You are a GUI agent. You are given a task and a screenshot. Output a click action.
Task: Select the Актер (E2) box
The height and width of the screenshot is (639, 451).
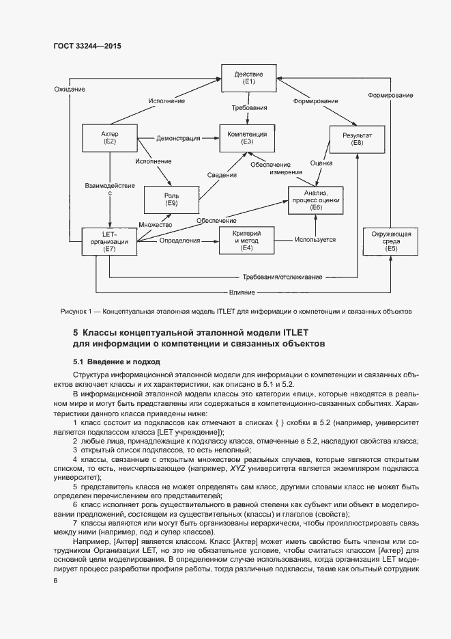click(x=109, y=137)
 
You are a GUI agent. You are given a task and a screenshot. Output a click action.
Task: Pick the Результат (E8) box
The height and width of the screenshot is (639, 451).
click(x=357, y=139)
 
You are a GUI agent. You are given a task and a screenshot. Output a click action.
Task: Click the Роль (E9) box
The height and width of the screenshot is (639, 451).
click(x=171, y=199)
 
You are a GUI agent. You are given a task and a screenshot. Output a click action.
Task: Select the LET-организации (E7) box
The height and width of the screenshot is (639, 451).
click(x=109, y=241)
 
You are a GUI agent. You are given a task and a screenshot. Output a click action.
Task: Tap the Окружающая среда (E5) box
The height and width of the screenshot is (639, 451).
click(x=386, y=241)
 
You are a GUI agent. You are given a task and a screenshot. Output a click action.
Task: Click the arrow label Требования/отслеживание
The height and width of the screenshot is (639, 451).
click(x=282, y=278)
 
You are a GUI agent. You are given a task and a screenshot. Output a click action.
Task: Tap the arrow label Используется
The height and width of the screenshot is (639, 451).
click(x=315, y=241)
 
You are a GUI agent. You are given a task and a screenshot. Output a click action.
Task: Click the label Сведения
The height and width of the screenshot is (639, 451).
click(x=222, y=175)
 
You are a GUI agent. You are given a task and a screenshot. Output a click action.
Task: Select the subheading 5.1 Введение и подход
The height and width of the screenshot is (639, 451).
click(x=116, y=362)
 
